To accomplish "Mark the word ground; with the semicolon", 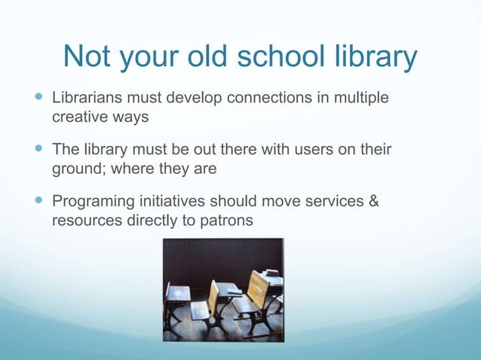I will tap(78, 170).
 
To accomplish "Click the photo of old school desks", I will tap(223, 290).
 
